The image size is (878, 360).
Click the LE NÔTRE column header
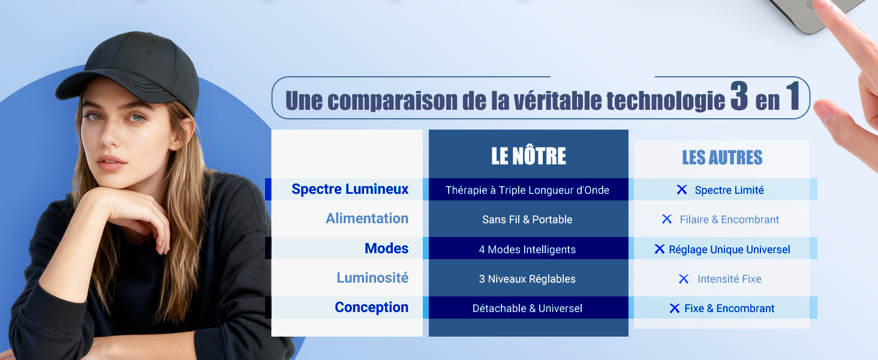coord(528,155)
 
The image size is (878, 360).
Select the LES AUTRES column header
coord(722,157)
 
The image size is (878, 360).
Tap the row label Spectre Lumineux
coord(350,189)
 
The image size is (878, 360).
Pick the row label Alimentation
coord(367,218)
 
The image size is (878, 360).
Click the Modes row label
coord(386,248)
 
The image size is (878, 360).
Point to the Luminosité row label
coord(372,278)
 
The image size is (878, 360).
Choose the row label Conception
coord(372,307)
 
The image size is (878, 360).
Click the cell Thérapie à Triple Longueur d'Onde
coord(527,190)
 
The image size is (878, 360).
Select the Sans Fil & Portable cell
coord(527,220)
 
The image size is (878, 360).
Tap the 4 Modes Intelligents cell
coord(527,250)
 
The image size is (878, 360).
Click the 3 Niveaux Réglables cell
coord(527,279)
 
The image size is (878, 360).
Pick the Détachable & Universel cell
coord(527,308)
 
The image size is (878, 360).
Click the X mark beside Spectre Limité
coord(682,190)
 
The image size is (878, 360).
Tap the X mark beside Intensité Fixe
coord(684,279)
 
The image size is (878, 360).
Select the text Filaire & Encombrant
coord(729,220)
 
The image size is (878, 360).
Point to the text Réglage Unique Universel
coord(729,250)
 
